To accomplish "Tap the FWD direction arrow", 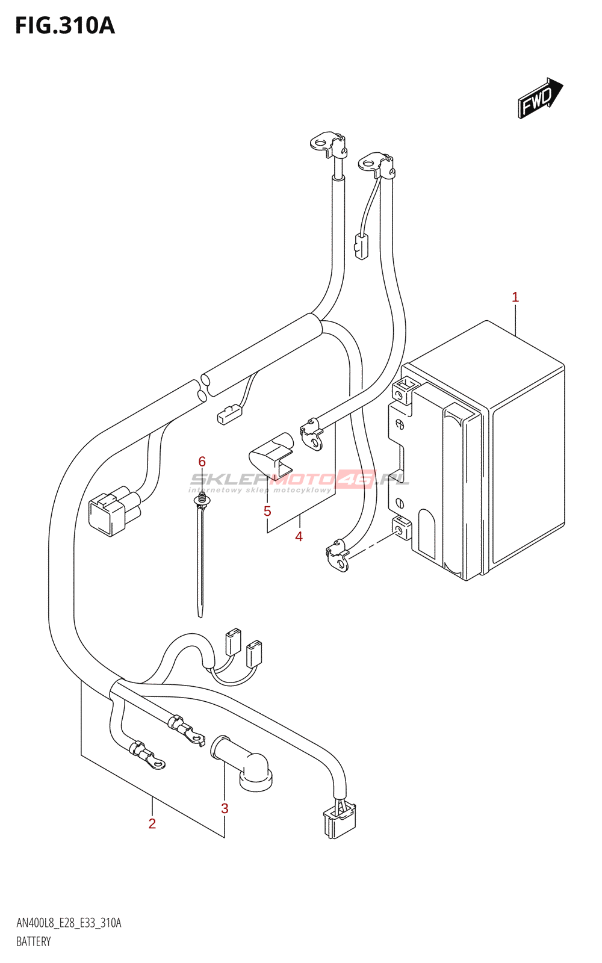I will (x=540, y=98).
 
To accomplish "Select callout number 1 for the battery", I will (x=515, y=297).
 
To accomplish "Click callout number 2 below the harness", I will (x=152, y=823).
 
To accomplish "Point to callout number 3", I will (x=225, y=808).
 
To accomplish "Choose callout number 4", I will (x=299, y=536).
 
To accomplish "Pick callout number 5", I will (x=267, y=511).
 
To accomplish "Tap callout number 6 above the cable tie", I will (x=202, y=462).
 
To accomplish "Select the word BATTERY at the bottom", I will (x=34, y=941).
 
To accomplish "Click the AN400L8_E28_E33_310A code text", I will (x=69, y=923).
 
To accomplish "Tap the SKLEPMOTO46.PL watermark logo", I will (x=300, y=480).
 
